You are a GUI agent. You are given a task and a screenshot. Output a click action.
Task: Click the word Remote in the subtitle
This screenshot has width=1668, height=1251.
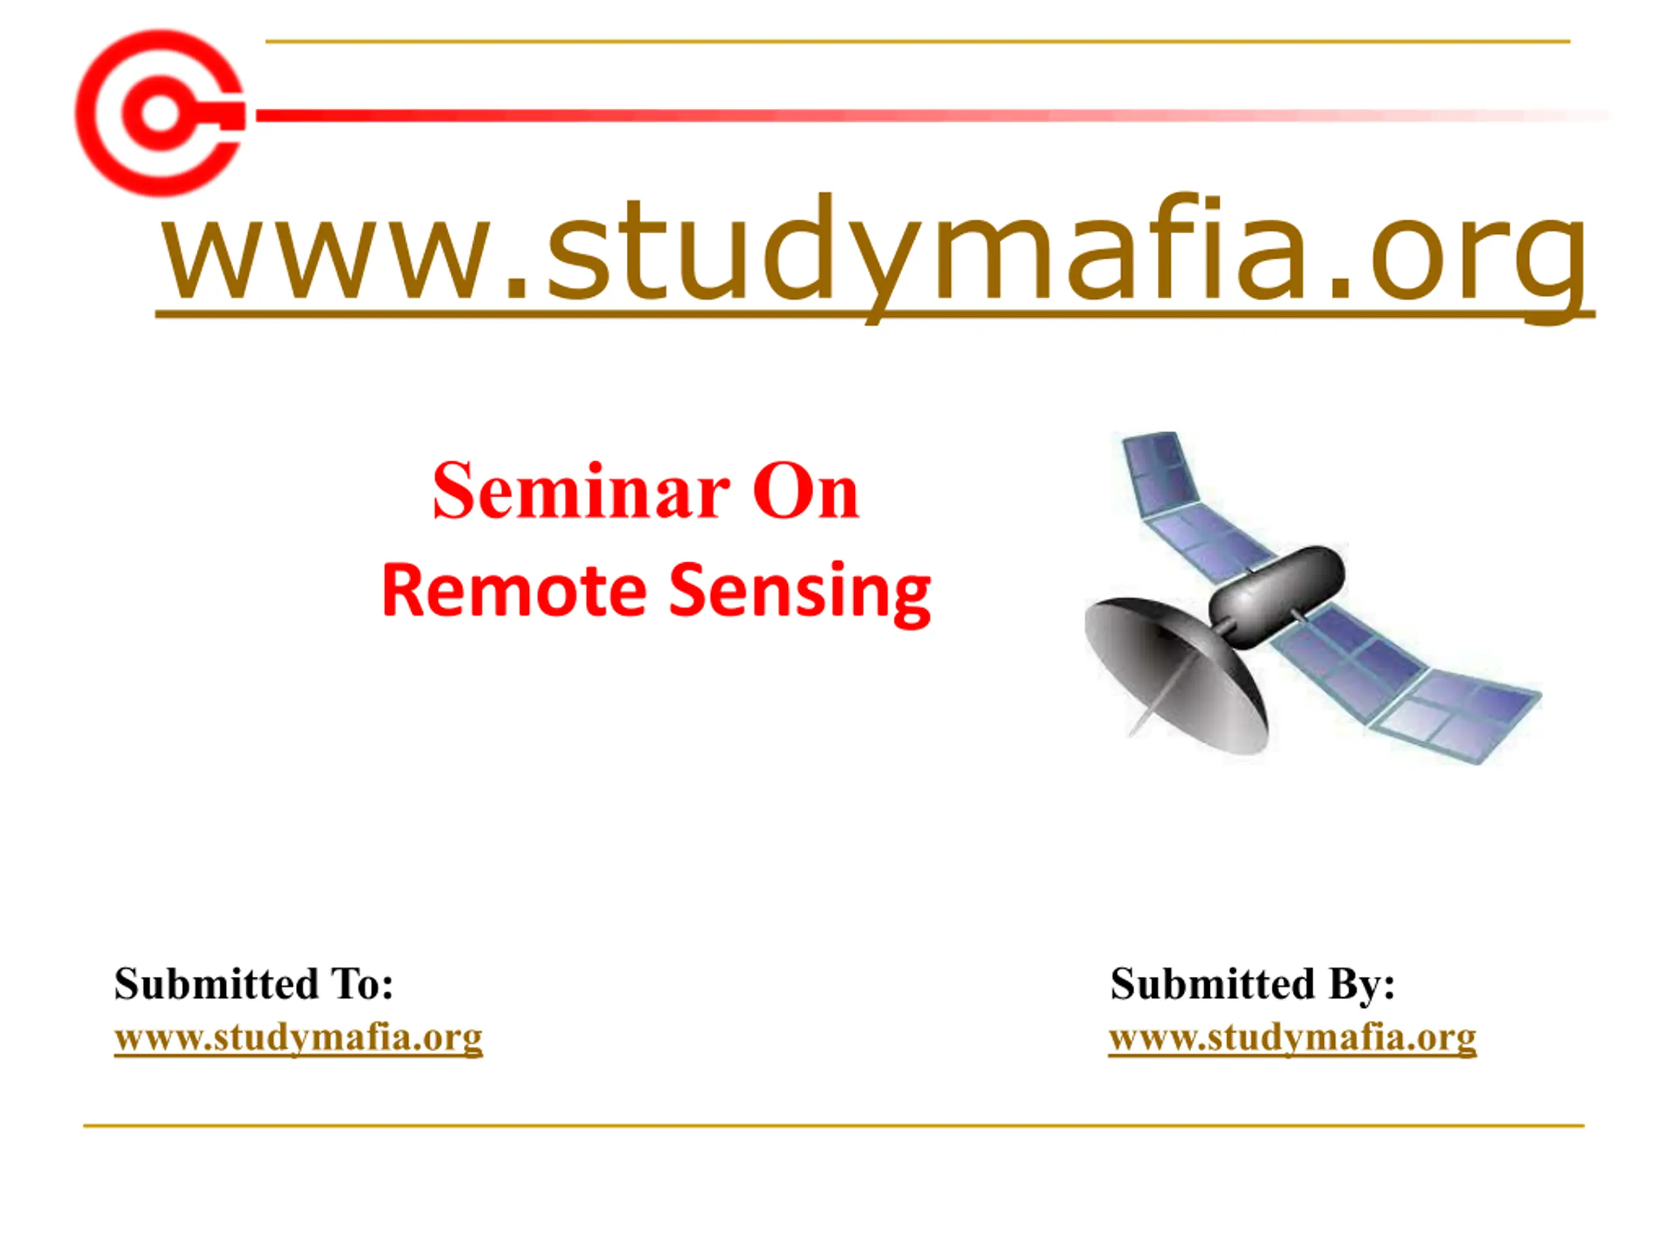(x=514, y=590)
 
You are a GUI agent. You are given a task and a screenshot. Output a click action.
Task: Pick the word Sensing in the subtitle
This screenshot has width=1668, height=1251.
(x=800, y=594)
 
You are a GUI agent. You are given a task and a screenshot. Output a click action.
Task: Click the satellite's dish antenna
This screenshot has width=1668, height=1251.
(x=1176, y=675)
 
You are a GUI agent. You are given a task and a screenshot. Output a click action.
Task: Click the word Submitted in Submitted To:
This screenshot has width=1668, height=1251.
(x=216, y=984)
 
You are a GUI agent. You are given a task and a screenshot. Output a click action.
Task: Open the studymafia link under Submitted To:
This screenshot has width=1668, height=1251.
(x=298, y=1039)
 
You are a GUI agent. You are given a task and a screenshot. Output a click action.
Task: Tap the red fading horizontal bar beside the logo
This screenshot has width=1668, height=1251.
(x=935, y=115)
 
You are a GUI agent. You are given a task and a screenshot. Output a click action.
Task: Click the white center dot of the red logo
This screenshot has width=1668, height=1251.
(x=160, y=114)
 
